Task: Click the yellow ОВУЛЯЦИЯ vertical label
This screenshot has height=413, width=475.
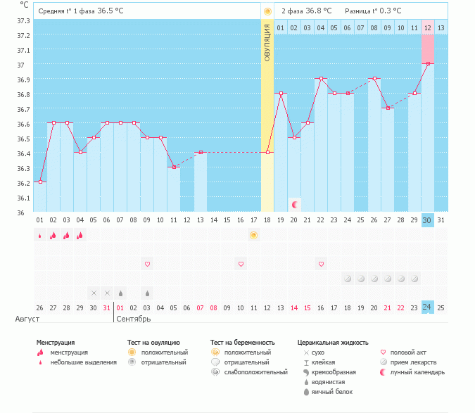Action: tap(267, 42)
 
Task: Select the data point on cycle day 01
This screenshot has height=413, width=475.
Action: tap(40, 182)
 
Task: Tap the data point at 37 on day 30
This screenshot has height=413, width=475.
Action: tap(428, 63)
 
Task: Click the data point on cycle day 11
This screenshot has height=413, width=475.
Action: tap(174, 167)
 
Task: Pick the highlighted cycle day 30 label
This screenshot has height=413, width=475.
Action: tap(427, 220)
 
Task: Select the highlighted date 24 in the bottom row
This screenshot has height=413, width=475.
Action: tap(427, 307)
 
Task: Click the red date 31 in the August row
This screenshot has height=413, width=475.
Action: tap(107, 307)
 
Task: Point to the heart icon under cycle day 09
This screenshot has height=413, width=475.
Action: tap(148, 264)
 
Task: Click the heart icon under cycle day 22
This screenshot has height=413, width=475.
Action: tap(321, 264)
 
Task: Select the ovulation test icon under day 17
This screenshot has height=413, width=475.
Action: tap(253, 235)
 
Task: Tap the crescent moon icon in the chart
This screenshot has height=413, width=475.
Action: tap(295, 204)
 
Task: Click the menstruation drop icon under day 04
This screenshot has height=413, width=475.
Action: tap(80, 235)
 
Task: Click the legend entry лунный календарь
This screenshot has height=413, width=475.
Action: tap(413, 371)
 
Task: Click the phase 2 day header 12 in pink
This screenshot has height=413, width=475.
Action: tap(428, 27)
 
